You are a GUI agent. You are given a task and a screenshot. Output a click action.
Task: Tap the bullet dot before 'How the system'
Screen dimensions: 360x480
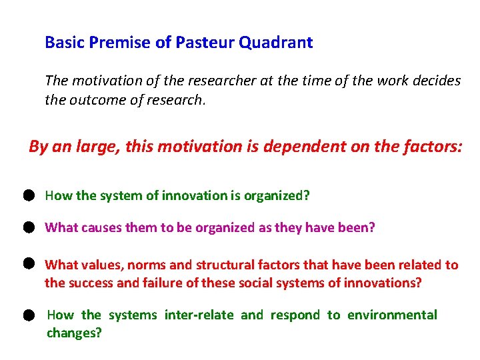pyautogui.click(x=27, y=195)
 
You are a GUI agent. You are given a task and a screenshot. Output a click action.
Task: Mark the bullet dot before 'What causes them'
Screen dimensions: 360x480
pyautogui.click(x=27, y=227)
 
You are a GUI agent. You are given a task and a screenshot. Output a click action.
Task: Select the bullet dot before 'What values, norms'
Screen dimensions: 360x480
pyautogui.click(x=27, y=264)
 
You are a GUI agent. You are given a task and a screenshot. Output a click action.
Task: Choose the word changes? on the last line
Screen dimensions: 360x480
pyautogui.click(x=74, y=333)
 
